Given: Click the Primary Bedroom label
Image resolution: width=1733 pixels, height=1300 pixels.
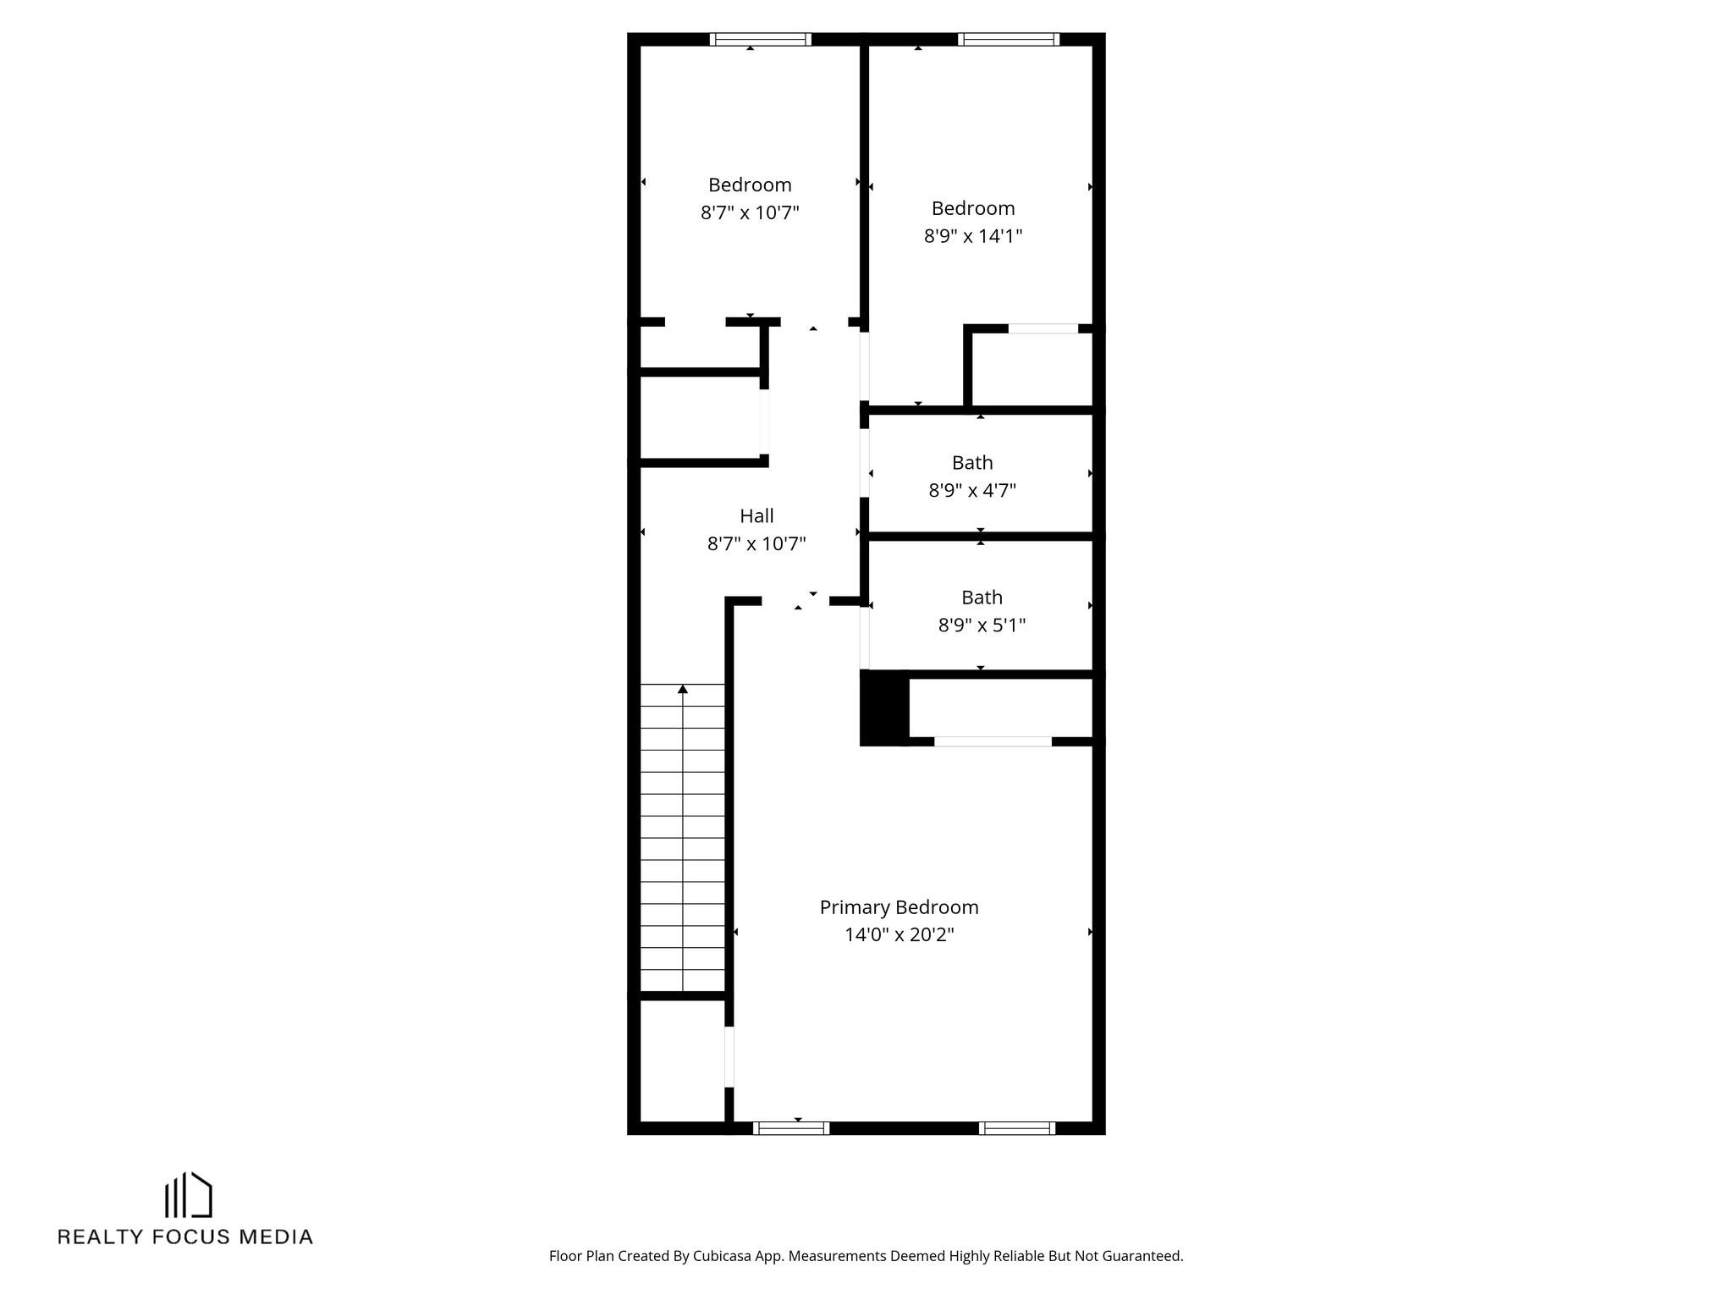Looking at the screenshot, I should pos(899,907).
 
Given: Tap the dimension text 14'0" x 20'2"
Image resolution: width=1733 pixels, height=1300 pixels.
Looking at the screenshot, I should pos(899,935).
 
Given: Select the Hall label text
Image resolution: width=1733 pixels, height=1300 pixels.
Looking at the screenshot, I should pos(756,516).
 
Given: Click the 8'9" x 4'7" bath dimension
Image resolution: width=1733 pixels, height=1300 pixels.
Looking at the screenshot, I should pos(972,491).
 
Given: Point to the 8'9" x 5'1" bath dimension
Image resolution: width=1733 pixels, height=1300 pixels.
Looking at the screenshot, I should pos(982,625).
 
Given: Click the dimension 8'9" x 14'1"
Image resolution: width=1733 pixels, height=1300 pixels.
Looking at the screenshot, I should pos(972,236).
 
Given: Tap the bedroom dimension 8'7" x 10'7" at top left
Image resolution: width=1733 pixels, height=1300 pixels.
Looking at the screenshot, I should pos(750,212).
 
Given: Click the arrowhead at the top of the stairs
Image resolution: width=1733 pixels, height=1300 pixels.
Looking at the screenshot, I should pos(683,690).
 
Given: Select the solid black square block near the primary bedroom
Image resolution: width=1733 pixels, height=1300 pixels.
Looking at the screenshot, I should pos(884,708).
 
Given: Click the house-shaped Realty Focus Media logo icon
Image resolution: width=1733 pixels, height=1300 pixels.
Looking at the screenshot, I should pos(188,1194).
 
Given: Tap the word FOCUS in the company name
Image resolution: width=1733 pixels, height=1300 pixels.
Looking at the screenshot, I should pos(191,1237).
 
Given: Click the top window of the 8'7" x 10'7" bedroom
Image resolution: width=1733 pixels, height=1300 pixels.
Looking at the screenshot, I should pos(760,39).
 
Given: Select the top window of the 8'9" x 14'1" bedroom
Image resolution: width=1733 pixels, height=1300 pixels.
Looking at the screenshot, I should pos(1008,39).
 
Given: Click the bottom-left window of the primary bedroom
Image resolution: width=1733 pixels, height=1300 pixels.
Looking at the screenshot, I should pos(790,1127).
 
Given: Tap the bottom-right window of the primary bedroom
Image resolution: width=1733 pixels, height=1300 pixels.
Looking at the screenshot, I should pos(1016,1127).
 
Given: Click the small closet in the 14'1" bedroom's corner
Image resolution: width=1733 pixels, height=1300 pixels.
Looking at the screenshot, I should pos(1032,370).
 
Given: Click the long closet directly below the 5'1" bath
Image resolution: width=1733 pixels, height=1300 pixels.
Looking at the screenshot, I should pos(1000,708).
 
